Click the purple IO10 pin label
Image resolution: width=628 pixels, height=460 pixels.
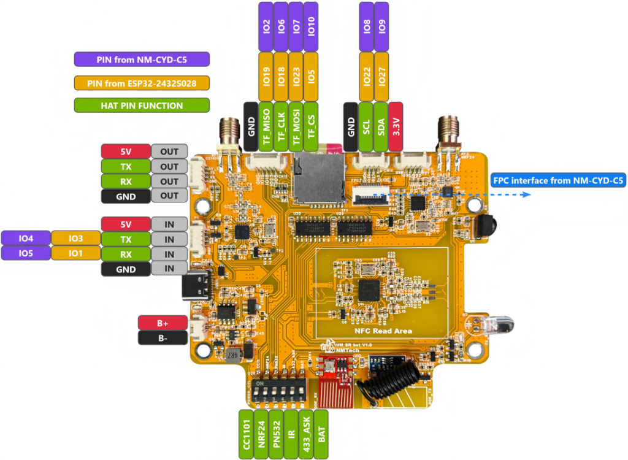tap(311, 26)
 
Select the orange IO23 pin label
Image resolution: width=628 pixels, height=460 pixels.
tap(296, 76)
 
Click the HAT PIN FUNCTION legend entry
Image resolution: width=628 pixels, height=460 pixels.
tap(142, 105)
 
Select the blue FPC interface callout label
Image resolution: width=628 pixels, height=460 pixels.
tap(557, 180)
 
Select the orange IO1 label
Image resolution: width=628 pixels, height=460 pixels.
tap(75, 253)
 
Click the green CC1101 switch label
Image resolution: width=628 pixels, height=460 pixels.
tap(245, 434)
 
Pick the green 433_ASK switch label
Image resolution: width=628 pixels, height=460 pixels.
tap(307, 434)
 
